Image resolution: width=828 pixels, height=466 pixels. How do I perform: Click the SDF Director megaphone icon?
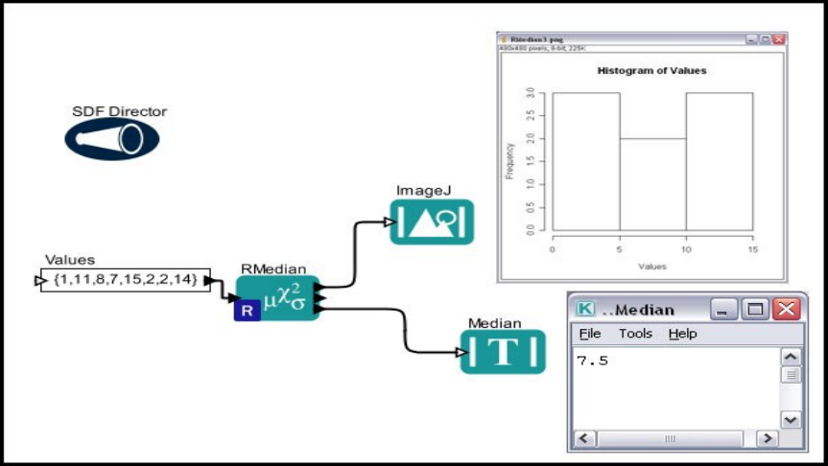(x=112, y=140)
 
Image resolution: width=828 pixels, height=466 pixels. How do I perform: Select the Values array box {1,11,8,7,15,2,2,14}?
(x=125, y=280)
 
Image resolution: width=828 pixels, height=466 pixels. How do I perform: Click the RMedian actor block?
(x=277, y=298)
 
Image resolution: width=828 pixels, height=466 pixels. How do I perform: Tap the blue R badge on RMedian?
(x=247, y=311)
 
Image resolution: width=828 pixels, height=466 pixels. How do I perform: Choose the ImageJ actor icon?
(x=432, y=221)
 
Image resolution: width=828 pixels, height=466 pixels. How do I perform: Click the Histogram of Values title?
(x=651, y=70)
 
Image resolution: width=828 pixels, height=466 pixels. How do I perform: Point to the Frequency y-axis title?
(x=509, y=161)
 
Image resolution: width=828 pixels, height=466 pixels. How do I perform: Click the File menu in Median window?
(x=589, y=334)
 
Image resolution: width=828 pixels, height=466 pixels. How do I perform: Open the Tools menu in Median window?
(x=635, y=334)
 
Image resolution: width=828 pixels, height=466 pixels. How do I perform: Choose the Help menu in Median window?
(x=683, y=334)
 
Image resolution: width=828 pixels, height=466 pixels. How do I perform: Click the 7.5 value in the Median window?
(x=592, y=361)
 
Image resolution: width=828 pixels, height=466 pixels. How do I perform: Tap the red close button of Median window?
(x=786, y=309)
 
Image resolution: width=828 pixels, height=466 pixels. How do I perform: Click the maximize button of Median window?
(x=756, y=309)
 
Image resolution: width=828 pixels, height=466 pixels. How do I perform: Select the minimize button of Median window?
(x=726, y=309)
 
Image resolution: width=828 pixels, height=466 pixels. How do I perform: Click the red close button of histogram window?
(x=779, y=39)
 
